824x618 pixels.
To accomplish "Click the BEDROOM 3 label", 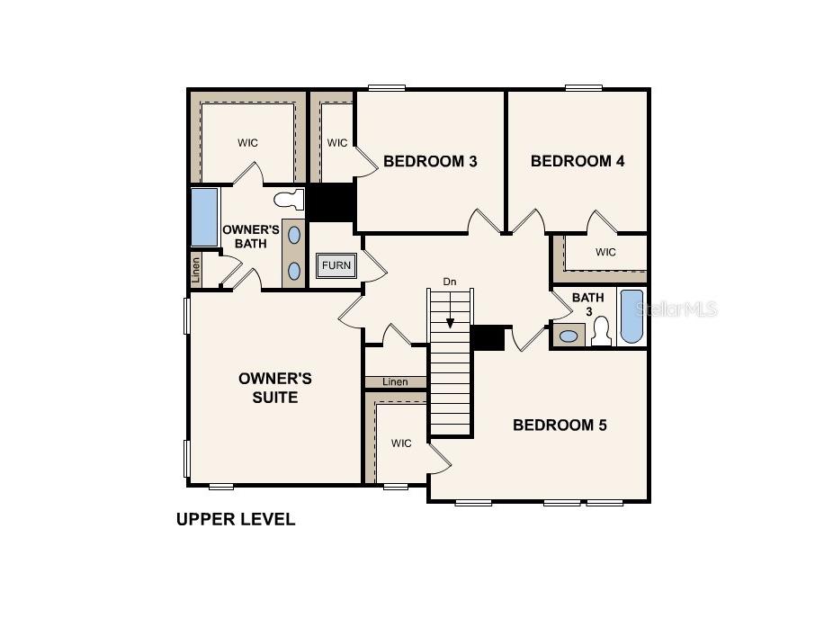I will pos(429,161).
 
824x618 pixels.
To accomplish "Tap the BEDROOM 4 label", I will pos(577,161).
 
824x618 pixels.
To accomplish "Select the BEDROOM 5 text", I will pos(560,425).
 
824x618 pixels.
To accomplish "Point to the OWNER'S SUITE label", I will pos(275,388).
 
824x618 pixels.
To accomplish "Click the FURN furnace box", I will pos(336,265).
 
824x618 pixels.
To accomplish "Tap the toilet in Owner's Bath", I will pos(288,200).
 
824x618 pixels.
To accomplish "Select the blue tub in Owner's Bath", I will pos(204,217).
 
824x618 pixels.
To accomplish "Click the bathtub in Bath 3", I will pos(631,317).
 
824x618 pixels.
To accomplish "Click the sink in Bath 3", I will pos(569,336).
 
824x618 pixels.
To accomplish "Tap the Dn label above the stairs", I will pos(450,282).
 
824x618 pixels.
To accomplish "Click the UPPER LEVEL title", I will pos(236,519).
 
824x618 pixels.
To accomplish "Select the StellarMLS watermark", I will pos(676,309).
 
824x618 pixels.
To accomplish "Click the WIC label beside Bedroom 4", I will pos(605,253).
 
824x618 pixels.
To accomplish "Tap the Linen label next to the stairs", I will pos(395,382).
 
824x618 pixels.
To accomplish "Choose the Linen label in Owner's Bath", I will pos(195,270).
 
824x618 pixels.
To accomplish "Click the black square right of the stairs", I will pos(488,338).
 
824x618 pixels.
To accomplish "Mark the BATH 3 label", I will pos(588,304).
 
